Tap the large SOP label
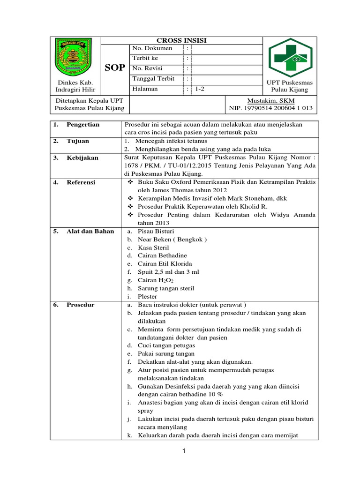114,68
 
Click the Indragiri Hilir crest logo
75,58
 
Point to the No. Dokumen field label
152,48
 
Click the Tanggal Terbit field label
154,78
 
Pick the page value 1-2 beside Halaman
200,89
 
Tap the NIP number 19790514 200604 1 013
270,108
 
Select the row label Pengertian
82,125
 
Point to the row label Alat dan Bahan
90,231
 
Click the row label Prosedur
80,305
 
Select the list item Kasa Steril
153,247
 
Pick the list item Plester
148,297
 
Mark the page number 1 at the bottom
184,451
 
